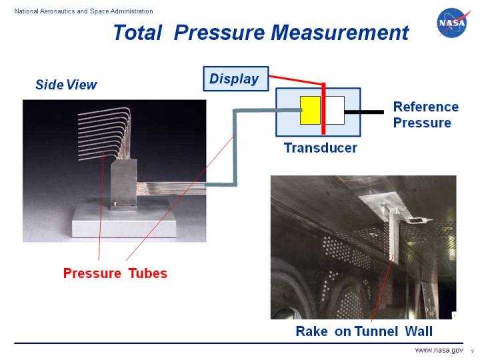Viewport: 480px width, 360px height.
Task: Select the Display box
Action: coord(235,79)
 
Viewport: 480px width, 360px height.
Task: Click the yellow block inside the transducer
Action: coord(310,110)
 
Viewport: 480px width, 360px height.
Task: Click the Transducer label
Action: coord(320,148)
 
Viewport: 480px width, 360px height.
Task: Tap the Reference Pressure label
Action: coord(426,115)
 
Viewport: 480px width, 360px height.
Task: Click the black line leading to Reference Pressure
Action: coord(364,111)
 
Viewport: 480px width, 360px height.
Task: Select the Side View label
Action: coord(66,85)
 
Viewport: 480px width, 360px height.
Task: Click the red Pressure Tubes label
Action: coord(115,273)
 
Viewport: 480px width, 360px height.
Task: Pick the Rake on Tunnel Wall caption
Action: coord(364,331)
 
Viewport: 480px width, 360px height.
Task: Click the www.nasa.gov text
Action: coord(439,351)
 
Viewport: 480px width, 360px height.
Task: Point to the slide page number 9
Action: coord(472,351)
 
